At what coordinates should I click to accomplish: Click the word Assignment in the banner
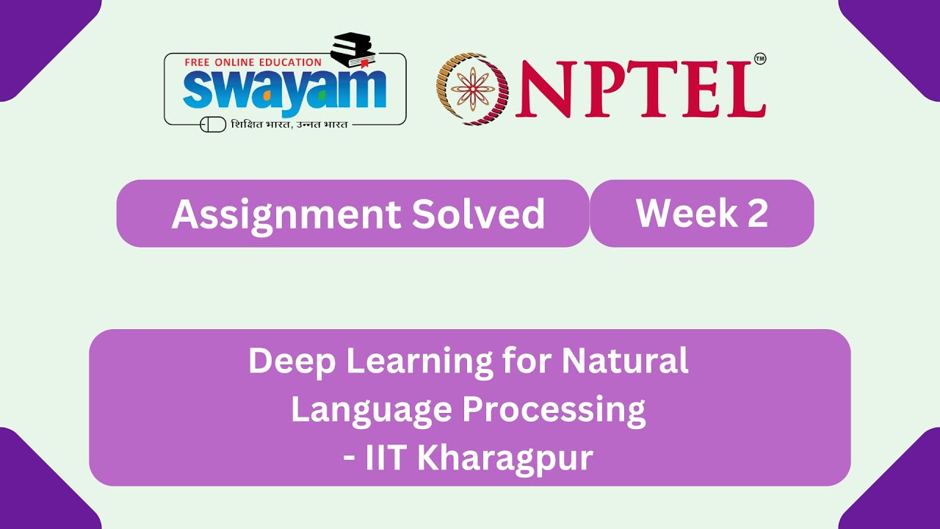pyautogui.click(x=286, y=215)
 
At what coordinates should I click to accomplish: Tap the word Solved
pyautogui.click(x=478, y=215)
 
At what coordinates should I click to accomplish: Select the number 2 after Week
pyautogui.click(x=758, y=213)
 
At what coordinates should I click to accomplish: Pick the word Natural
pyautogui.click(x=625, y=361)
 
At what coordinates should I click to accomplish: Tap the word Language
pyautogui.click(x=371, y=410)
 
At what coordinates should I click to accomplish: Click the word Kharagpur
pyautogui.click(x=505, y=458)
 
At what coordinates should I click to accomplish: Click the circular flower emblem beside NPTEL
pyautogui.click(x=473, y=88)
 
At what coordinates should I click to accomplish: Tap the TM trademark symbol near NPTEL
pyautogui.click(x=759, y=60)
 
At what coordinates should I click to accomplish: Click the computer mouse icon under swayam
pyautogui.click(x=214, y=124)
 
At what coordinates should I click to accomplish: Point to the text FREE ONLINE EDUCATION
pyautogui.click(x=253, y=62)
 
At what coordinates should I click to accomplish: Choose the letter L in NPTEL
pyautogui.click(x=742, y=89)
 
